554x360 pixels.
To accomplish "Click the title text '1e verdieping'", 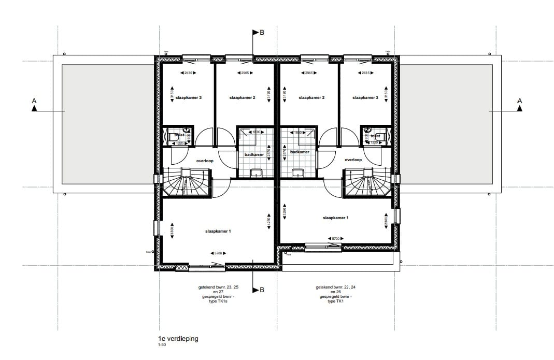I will click(178, 339).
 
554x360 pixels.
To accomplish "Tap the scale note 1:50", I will click(162, 345).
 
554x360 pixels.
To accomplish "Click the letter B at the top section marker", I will click(262, 33).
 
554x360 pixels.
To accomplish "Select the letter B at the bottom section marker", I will click(262, 290).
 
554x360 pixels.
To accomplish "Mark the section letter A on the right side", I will click(519, 100).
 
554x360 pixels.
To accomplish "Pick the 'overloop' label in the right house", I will click(353, 161).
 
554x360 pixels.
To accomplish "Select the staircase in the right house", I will click(369, 183).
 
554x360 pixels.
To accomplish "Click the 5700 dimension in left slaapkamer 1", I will click(218, 253).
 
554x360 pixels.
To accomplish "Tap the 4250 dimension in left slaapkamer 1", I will click(268, 224).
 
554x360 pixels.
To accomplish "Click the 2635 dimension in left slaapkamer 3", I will click(188, 73).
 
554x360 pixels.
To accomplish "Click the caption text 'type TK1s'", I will click(215, 301).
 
